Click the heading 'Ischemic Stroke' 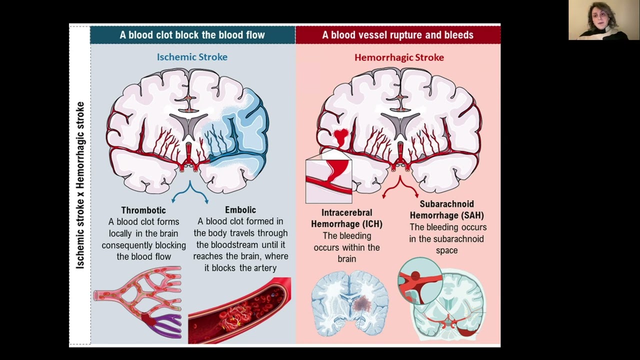coord(192,57)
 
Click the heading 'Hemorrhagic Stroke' coord(399,57)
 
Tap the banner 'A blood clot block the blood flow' coord(192,35)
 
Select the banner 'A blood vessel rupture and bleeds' coord(397,35)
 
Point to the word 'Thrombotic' coord(143,210)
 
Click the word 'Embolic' coord(240,210)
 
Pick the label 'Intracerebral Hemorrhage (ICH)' coord(346,218)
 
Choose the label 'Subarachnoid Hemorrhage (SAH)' coord(446,210)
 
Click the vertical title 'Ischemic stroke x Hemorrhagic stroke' coord(80,185)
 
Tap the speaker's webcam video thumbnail coord(603,20)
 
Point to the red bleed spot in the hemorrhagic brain coord(341,135)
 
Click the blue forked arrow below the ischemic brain coord(190,192)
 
